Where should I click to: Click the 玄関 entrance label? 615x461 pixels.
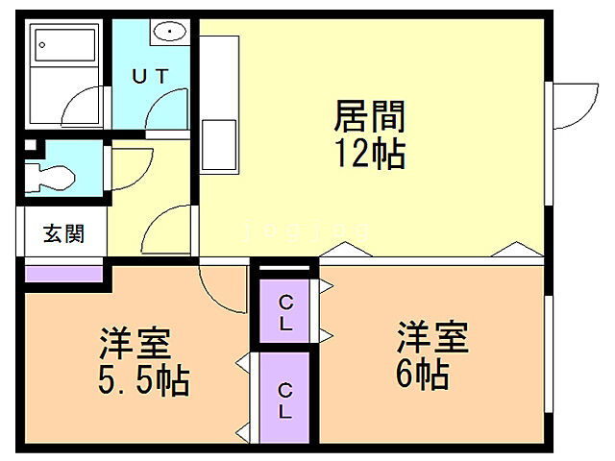pos(62,233)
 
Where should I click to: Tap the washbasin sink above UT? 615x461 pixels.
pos(170,32)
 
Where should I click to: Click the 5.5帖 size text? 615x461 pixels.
pos(144,381)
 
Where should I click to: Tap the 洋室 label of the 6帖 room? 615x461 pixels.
pos(432,338)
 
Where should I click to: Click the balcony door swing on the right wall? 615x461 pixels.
pos(573,105)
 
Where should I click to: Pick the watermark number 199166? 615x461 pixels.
pos(307,231)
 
